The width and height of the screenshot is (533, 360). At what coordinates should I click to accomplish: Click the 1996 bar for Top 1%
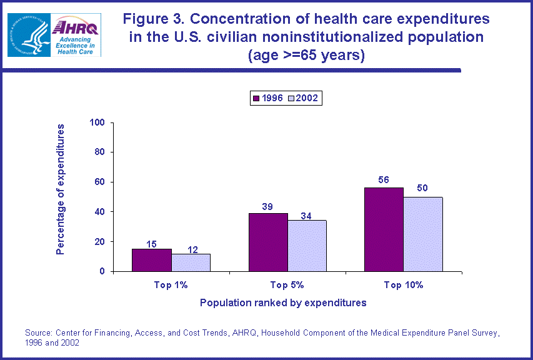(152, 260)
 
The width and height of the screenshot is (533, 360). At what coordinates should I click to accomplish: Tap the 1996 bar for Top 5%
(268, 242)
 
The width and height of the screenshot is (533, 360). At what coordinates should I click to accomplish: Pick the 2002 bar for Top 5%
(307, 246)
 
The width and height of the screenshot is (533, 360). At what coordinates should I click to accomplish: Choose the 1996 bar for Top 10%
(384, 229)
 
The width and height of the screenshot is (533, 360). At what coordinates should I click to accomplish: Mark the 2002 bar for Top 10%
(423, 234)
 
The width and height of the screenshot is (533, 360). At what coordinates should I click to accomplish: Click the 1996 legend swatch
(256, 97)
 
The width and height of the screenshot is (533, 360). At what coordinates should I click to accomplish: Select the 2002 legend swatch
(291, 97)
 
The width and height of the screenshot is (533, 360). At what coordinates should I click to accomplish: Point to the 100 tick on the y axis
(96, 122)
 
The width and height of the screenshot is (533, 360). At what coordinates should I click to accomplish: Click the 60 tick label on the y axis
(99, 182)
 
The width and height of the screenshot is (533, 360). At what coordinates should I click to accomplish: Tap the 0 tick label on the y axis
(101, 271)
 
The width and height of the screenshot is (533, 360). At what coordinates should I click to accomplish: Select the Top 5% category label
(287, 285)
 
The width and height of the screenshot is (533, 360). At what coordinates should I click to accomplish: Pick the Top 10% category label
(404, 285)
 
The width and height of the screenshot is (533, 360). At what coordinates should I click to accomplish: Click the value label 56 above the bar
(384, 179)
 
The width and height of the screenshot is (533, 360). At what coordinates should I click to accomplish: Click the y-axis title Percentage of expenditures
(61, 189)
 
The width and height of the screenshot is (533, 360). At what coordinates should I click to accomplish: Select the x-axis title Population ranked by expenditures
(282, 302)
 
